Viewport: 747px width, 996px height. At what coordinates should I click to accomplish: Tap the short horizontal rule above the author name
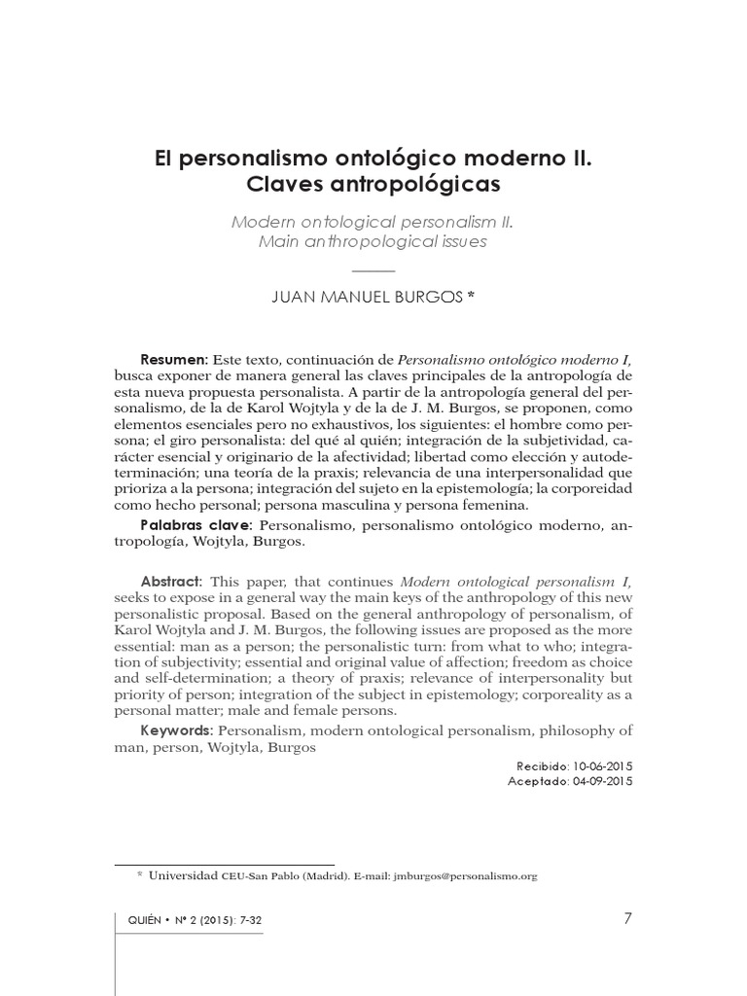coord(373,268)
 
